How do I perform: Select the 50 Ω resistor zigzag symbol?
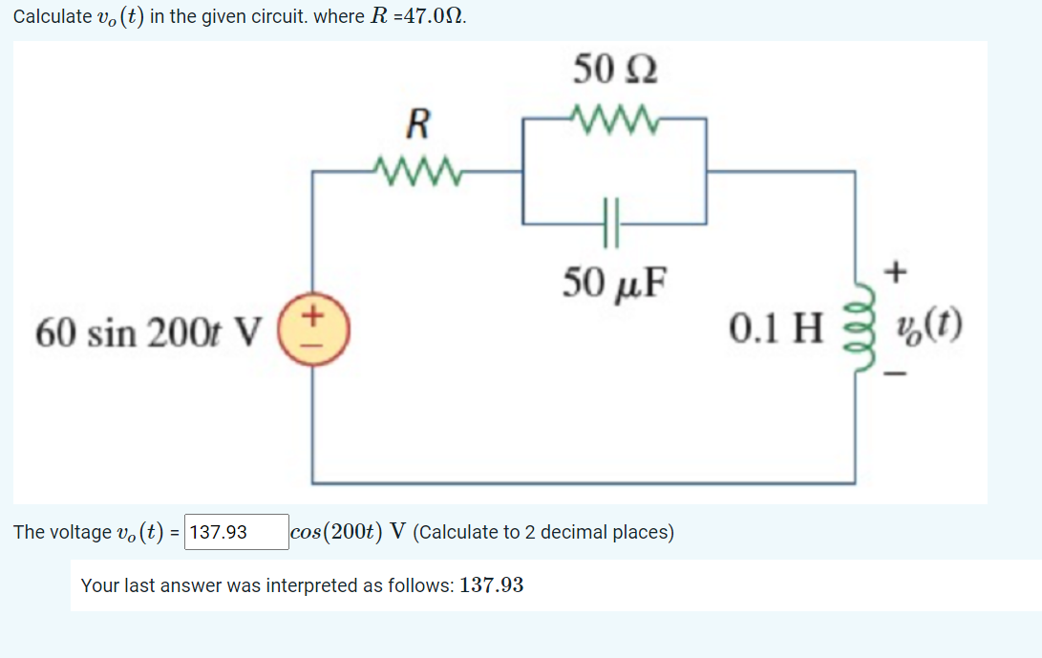pyautogui.click(x=613, y=118)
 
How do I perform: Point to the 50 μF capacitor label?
pyautogui.click(x=615, y=282)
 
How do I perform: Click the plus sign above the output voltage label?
pyautogui.click(x=895, y=274)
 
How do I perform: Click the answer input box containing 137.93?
pyautogui.click(x=237, y=532)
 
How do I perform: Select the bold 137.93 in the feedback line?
pyautogui.click(x=491, y=584)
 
